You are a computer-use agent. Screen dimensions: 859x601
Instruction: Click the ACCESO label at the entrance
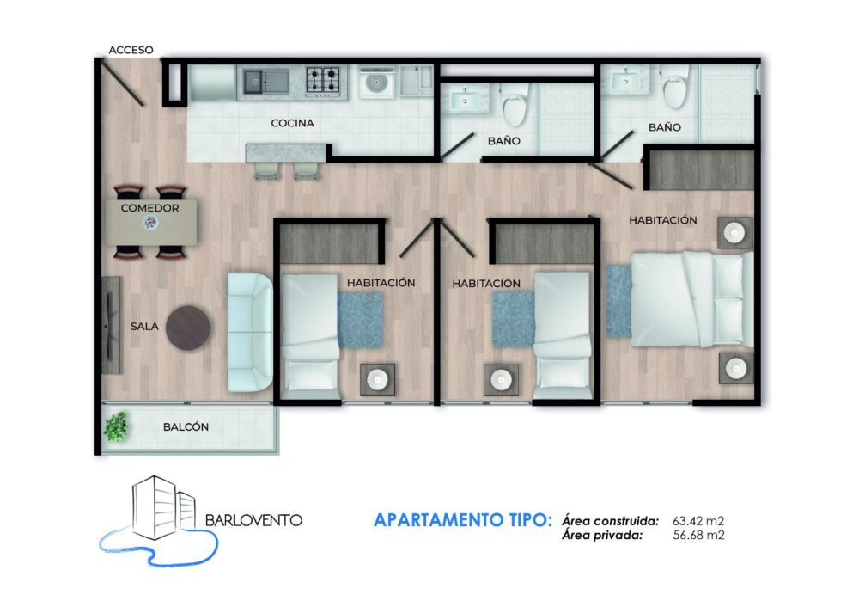tap(131, 50)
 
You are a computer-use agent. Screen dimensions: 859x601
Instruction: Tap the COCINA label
tap(293, 123)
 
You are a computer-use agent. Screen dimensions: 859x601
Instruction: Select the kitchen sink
tap(265, 83)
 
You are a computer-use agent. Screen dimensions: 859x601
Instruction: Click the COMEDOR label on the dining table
tap(149, 208)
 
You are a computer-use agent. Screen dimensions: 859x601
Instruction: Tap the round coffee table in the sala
tap(188, 328)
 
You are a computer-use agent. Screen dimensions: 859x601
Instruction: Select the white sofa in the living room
tap(250, 332)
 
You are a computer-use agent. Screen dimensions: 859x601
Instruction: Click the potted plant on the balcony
tap(117, 426)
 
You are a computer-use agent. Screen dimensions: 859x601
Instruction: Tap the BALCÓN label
tap(186, 427)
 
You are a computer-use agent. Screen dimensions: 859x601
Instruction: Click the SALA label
tap(144, 327)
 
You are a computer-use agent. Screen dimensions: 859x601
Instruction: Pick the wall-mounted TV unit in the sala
tap(111, 325)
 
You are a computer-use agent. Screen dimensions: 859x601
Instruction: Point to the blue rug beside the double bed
tap(619, 301)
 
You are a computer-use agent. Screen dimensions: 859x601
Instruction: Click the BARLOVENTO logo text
tap(253, 520)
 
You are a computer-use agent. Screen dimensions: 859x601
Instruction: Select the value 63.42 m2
tap(698, 521)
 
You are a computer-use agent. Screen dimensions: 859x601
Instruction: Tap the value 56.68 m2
tap(698, 535)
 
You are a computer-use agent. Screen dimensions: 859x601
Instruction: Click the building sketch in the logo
tap(164, 508)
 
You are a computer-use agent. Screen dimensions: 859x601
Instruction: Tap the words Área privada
tap(602, 535)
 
